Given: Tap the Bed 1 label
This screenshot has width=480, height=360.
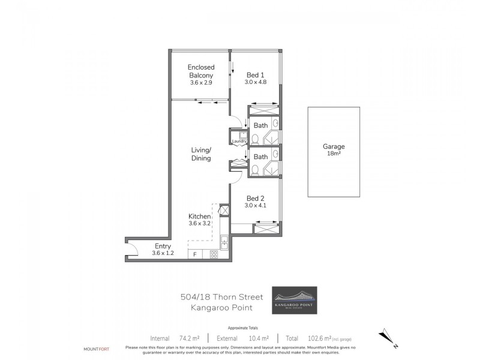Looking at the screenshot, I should point(255,76).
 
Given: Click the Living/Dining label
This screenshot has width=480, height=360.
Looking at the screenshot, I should point(201,154).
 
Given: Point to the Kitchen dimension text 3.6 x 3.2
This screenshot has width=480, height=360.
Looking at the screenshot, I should point(200,224).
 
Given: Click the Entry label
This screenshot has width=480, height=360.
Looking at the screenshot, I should point(163,246).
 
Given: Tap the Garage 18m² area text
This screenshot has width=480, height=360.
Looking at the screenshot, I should point(333,154).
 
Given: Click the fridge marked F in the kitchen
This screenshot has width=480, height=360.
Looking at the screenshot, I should point(194,255).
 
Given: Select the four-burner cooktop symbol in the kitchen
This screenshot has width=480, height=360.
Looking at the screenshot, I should point(213,255).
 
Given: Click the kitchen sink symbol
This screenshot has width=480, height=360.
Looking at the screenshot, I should point(223,242).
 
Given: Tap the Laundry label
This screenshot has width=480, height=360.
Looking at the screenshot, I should point(240,141).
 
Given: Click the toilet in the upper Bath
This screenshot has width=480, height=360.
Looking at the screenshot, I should point(254,139).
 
